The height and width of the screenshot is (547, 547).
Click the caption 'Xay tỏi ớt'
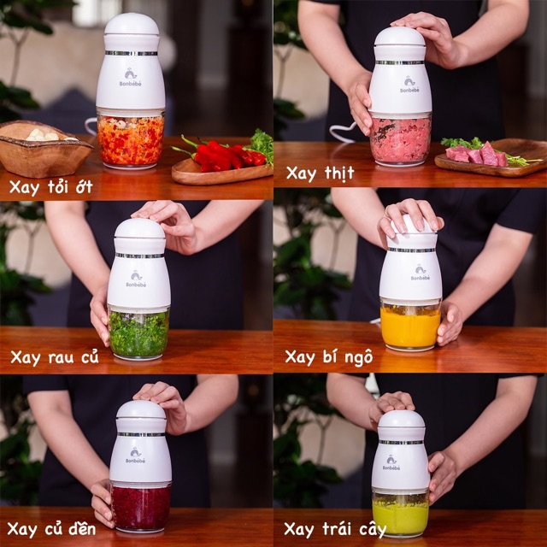(51, 187)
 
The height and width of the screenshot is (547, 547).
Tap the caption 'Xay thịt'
(320, 174)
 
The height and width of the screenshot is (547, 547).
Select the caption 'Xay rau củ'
(55, 357)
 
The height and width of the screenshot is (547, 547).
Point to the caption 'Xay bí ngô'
(328, 357)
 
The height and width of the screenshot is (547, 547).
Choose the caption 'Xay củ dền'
(51, 529)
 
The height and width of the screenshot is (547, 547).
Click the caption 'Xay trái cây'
(335, 529)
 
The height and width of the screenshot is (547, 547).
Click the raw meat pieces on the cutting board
(476, 155)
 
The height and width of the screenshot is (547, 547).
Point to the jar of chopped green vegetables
(138, 333)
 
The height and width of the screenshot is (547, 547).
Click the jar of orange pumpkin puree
(410, 325)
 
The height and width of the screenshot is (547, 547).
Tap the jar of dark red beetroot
(141, 507)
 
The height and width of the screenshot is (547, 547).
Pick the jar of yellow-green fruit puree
(400, 514)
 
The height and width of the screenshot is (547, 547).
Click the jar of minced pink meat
(401, 140)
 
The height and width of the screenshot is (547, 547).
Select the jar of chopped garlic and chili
(131, 139)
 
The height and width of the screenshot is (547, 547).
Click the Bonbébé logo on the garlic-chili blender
(131, 78)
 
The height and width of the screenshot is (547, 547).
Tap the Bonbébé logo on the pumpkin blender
(420, 272)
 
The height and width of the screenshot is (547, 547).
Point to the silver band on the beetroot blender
(141, 434)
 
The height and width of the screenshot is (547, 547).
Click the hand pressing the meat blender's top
(429, 38)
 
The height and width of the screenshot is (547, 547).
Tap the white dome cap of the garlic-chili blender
(132, 25)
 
